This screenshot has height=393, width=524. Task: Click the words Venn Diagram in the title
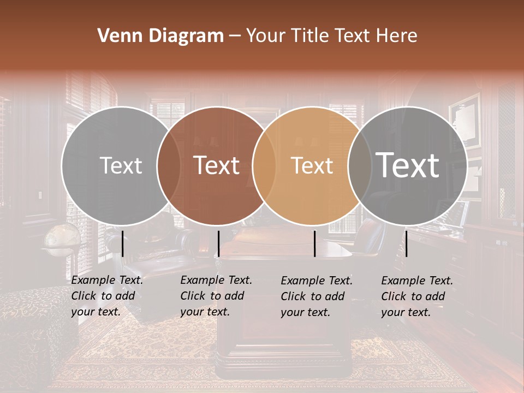[x=160, y=36]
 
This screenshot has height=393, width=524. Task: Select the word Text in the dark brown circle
[x=216, y=165]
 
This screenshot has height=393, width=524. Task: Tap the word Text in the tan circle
[x=312, y=165]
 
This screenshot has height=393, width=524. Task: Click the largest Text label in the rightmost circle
[x=407, y=165]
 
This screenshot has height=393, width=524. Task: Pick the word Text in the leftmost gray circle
[x=121, y=165]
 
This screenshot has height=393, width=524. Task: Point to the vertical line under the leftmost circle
[x=122, y=243]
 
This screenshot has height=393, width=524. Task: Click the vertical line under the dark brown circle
[x=218, y=243]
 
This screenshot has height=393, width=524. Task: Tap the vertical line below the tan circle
[x=315, y=243]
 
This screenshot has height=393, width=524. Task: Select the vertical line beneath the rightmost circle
[x=406, y=243]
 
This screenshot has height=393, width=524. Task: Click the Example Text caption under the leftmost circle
[x=107, y=296]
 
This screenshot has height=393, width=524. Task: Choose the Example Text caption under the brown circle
[x=216, y=296]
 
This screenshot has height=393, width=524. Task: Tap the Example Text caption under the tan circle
[x=317, y=296]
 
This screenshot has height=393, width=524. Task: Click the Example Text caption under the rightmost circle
[x=417, y=296]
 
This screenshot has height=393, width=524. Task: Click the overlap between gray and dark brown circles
[x=169, y=165]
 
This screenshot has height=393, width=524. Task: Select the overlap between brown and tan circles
[x=264, y=165]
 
